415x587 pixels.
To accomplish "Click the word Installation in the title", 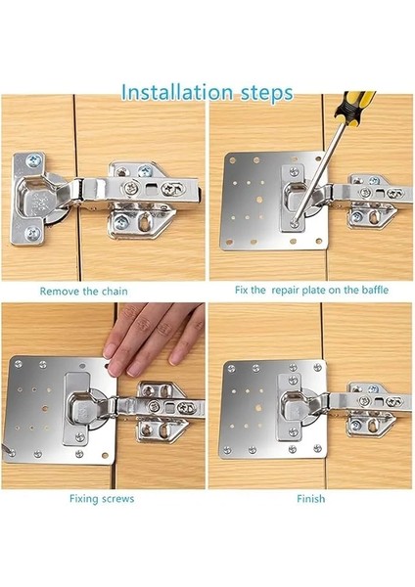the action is pyautogui.click(x=177, y=93).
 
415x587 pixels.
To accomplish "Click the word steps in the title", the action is pyautogui.click(x=266, y=93).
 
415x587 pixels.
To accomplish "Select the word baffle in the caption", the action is pyautogui.click(x=375, y=290).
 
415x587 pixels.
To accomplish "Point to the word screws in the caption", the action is pyautogui.click(x=117, y=499).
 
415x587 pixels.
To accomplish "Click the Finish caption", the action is pyautogui.click(x=311, y=499).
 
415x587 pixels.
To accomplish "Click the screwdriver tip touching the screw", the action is pyautogui.click(x=295, y=223).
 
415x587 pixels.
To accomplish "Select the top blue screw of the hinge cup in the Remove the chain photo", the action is pyautogui.click(x=33, y=161).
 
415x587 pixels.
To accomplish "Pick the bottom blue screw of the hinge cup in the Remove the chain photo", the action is pyautogui.click(x=32, y=234).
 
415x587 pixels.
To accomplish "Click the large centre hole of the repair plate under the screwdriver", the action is pyautogui.click(x=258, y=199).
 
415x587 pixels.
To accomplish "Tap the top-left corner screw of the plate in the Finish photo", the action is pyautogui.click(x=231, y=369).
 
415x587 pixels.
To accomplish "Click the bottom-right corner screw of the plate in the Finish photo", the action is pyautogui.click(x=318, y=448).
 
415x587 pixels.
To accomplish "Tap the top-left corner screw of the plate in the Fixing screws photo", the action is pyautogui.click(x=18, y=364).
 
